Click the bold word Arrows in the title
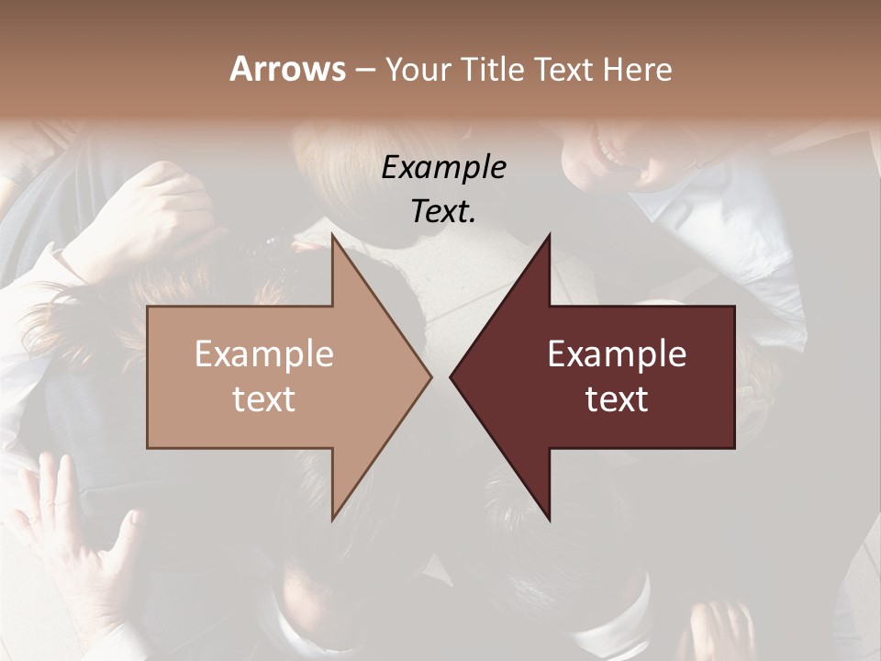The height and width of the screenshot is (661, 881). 288,69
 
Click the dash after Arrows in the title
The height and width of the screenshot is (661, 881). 364,71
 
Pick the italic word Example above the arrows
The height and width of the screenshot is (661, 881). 444,168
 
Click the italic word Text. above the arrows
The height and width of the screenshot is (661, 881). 444,211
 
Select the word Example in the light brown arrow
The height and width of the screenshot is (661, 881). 264,354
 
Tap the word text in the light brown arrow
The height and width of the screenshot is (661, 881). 264,398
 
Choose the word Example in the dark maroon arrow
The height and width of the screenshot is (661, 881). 617,354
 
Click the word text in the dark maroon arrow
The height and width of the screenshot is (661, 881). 617,398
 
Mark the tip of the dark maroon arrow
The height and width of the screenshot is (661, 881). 452,376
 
